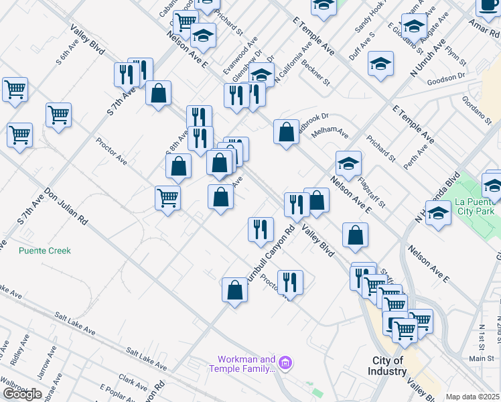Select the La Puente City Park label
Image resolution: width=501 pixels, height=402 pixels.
click(x=474, y=206)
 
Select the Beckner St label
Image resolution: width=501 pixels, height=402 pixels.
click(x=316, y=73)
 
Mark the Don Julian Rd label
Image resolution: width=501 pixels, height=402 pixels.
click(x=66, y=208)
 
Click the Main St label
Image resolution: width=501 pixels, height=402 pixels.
click(x=481, y=358)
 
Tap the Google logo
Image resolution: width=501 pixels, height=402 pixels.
click(x=22, y=394)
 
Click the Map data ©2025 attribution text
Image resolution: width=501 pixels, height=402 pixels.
click(x=472, y=397)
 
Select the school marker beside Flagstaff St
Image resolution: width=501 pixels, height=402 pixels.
click(x=348, y=163)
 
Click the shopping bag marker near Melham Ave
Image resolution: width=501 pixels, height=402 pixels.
click(x=286, y=132)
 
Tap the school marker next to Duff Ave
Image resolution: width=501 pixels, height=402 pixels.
click(x=380, y=64)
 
